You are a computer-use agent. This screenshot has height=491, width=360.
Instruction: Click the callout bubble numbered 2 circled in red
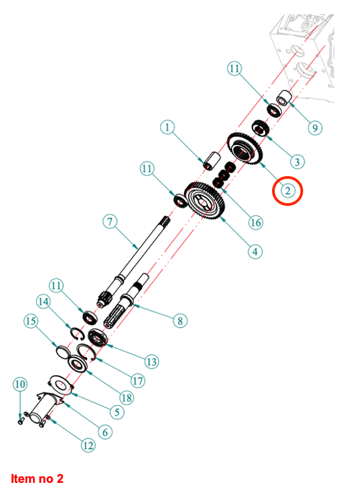pyautogui.click(x=288, y=191)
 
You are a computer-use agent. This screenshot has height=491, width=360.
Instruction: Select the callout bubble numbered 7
pyautogui.click(x=110, y=221)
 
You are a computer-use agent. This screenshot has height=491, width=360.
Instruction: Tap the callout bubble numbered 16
pyautogui.click(x=256, y=223)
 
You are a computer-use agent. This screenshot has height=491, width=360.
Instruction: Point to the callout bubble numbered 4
pyautogui.click(x=255, y=252)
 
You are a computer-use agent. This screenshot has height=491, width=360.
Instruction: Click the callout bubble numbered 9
pyautogui.click(x=315, y=128)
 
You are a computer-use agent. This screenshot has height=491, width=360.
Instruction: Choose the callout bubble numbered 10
pyautogui.click(x=20, y=384)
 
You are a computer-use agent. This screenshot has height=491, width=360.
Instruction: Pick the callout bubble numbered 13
pyautogui.click(x=152, y=362)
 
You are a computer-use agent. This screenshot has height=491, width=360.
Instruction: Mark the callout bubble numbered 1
pyautogui.click(x=167, y=127)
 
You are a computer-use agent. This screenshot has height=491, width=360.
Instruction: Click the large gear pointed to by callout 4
pyautogui.click(x=205, y=200)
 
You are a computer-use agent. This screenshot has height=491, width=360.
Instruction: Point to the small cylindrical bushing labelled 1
pyautogui.click(x=212, y=161)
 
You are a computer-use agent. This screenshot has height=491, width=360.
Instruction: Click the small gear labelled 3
pyautogui.click(x=261, y=128)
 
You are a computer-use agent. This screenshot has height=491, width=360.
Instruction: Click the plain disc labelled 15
pyautogui.click(x=64, y=351)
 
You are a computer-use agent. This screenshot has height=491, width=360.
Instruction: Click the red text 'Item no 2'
pyautogui.click(x=37, y=479)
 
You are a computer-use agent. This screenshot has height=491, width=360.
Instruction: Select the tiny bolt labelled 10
pyautogui.click(x=21, y=421)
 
